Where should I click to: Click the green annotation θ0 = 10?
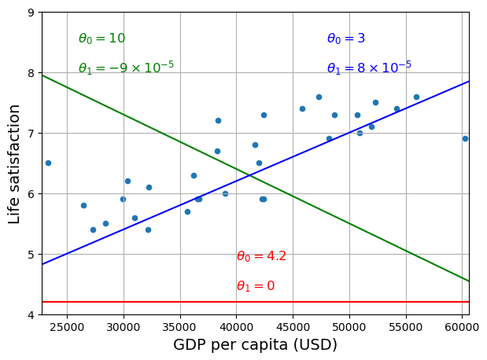point(101,39)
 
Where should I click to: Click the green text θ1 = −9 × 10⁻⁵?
point(126,68)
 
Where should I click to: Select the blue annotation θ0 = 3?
point(345,39)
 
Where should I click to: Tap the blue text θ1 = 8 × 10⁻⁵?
point(369,68)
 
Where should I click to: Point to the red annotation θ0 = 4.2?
point(261,256)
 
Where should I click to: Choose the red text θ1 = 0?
point(256,286)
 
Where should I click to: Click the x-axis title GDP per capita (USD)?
point(255,345)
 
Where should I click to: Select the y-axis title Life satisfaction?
point(14,163)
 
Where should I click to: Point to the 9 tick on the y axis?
point(30,13)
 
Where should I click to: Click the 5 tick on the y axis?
point(30,255)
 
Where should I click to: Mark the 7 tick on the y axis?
point(30,134)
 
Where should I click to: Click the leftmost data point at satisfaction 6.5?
point(48,163)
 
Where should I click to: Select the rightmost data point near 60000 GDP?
point(465,138)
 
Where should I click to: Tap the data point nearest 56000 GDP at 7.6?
point(416,97)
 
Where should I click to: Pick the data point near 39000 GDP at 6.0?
point(225,193)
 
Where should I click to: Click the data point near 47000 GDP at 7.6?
point(319,97)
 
